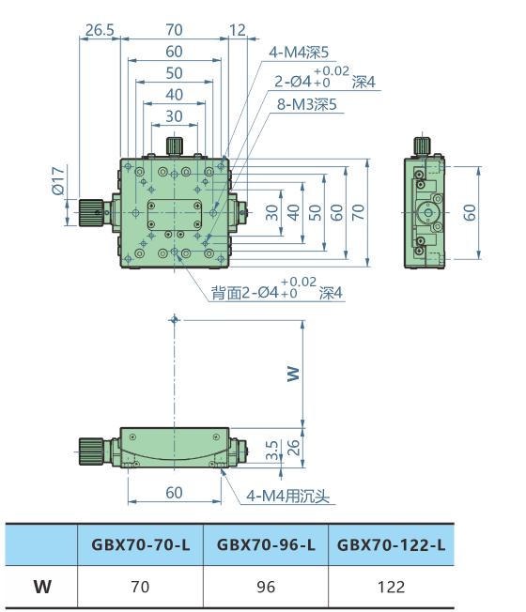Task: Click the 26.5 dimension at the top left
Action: click(99, 30)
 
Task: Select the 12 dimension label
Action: click(238, 30)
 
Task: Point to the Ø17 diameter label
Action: click(58, 181)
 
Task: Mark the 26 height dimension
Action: click(293, 447)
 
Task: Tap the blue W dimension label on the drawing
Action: click(293, 373)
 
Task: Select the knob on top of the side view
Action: click(423, 145)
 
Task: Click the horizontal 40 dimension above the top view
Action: click(175, 95)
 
